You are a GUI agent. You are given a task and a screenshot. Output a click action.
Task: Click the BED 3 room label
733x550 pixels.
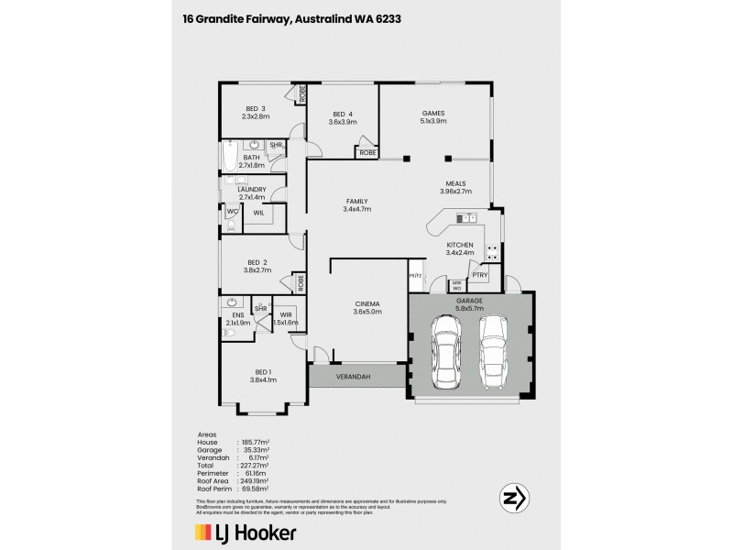coord(255,108)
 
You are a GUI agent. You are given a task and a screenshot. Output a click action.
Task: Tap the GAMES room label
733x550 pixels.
coord(433,112)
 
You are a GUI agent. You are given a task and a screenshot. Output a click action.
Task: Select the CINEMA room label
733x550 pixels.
coord(366,303)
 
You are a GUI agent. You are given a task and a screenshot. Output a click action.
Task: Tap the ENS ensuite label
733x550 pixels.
coord(237,314)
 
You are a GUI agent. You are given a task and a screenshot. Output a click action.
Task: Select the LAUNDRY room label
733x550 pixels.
coord(251,189)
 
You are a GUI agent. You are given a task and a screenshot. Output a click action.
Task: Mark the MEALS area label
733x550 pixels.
coord(457,182)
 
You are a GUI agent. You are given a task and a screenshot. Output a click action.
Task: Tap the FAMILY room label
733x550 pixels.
coord(356,201)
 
